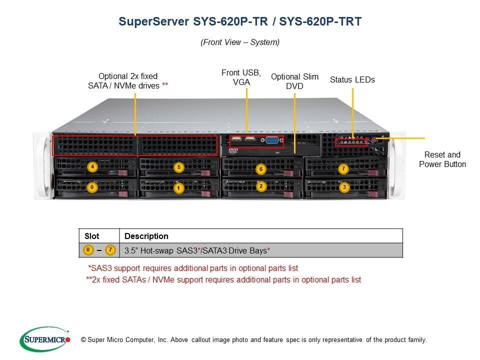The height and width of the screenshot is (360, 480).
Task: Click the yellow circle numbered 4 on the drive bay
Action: click(92, 167)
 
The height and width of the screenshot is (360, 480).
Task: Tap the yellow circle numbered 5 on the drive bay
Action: click(179, 167)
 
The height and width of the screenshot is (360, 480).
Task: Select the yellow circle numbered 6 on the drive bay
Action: click(260, 169)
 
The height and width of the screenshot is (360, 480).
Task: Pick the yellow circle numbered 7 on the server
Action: click(343, 169)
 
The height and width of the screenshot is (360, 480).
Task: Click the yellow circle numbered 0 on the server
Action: click(92, 188)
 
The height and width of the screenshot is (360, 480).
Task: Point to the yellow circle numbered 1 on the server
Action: click(179, 188)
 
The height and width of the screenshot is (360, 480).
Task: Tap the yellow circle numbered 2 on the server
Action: click(260, 186)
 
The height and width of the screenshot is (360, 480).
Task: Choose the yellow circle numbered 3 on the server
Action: click(343, 187)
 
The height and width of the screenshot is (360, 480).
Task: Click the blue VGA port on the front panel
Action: click(272, 140)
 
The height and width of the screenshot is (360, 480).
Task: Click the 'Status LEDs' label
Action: click(352, 79)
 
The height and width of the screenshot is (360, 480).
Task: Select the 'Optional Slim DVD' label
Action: click(294, 81)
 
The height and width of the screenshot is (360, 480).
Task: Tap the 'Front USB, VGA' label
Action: click(241, 77)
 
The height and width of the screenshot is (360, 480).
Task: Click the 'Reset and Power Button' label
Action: click(442, 159)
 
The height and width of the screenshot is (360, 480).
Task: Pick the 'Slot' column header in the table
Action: click(91, 236)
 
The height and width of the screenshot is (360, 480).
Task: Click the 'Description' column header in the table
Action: click(146, 236)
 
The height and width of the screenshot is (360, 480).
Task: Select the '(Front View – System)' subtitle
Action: click(240, 42)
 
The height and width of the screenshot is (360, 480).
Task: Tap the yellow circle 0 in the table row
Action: click(87, 249)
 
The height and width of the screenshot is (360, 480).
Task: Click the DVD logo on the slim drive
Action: click(233, 149)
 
